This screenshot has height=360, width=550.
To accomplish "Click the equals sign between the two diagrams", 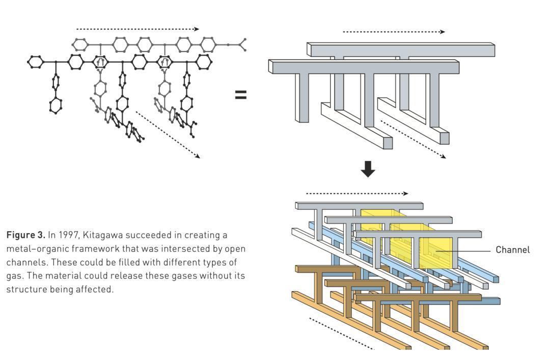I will pyautogui.click(x=240, y=95).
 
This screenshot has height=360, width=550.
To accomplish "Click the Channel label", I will pyautogui.click(x=512, y=250).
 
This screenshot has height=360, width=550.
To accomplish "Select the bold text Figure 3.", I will pyautogui.click(x=25, y=236).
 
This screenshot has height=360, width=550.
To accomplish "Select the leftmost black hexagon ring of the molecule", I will pyautogui.click(x=35, y=62).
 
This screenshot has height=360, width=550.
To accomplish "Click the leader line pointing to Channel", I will pyautogui.click(x=466, y=250).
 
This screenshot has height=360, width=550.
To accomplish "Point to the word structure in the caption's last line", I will pyautogui.click(x=23, y=289).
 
